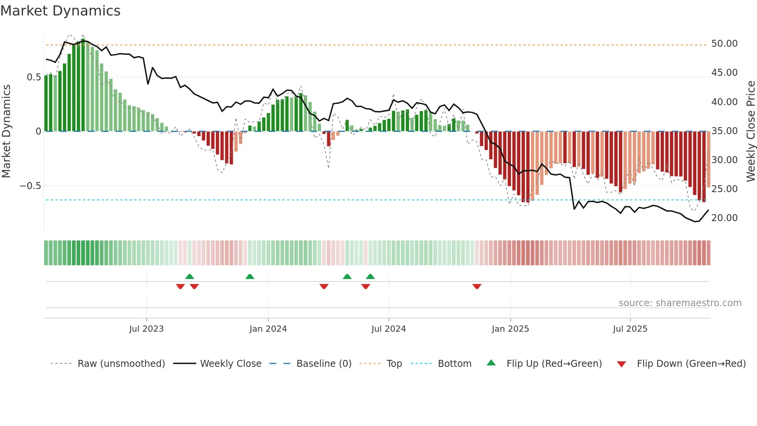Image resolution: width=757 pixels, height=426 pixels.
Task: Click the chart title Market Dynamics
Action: (x=60, y=11)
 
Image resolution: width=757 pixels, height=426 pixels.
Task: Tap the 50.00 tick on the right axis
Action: (x=724, y=44)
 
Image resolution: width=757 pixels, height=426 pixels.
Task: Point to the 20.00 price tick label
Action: (x=724, y=218)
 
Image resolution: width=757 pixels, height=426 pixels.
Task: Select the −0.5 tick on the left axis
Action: (x=30, y=186)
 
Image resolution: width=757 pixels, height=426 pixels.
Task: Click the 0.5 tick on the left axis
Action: (x=34, y=77)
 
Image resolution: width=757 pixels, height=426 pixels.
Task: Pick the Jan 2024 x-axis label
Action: (x=268, y=329)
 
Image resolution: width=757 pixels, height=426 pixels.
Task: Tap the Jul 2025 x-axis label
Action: (x=630, y=329)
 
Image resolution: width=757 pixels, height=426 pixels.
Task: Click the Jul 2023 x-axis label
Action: (x=146, y=329)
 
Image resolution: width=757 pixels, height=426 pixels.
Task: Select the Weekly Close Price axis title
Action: (x=750, y=131)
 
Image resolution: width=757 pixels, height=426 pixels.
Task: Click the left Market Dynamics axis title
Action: (x=6, y=131)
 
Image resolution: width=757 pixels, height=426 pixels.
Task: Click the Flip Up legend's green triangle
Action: (x=491, y=363)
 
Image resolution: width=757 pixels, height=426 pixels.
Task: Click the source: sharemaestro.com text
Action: (x=680, y=303)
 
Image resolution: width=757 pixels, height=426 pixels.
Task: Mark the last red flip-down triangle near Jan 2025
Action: (x=477, y=286)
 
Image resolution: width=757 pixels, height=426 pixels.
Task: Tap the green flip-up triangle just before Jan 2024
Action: (x=250, y=276)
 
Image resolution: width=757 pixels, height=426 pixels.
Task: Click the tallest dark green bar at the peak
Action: (x=83, y=85)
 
